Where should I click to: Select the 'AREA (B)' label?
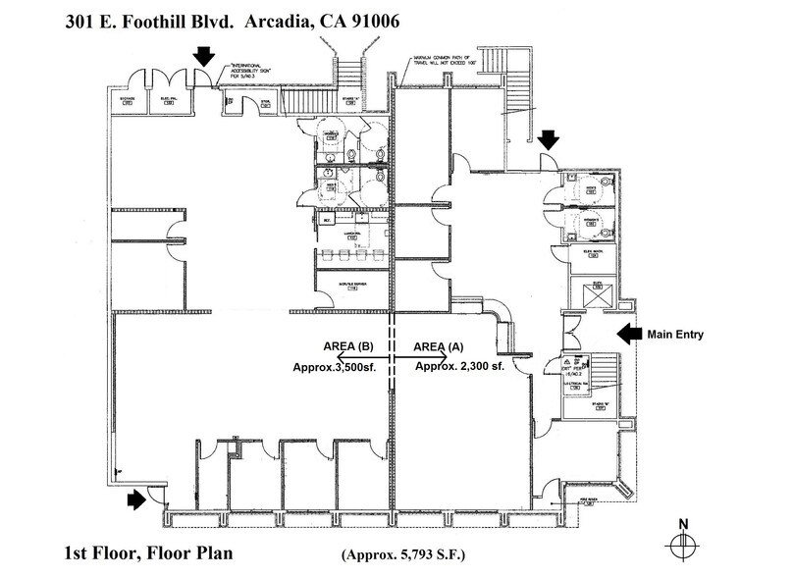click(x=346, y=347)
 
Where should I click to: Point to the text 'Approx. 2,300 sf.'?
click(x=459, y=366)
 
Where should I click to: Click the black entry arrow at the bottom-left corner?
click(x=136, y=500)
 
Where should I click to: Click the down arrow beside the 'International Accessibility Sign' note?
click(x=202, y=55)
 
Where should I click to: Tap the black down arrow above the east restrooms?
click(x=546, y=140)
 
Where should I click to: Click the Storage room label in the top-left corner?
click(x=128, y=101)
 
